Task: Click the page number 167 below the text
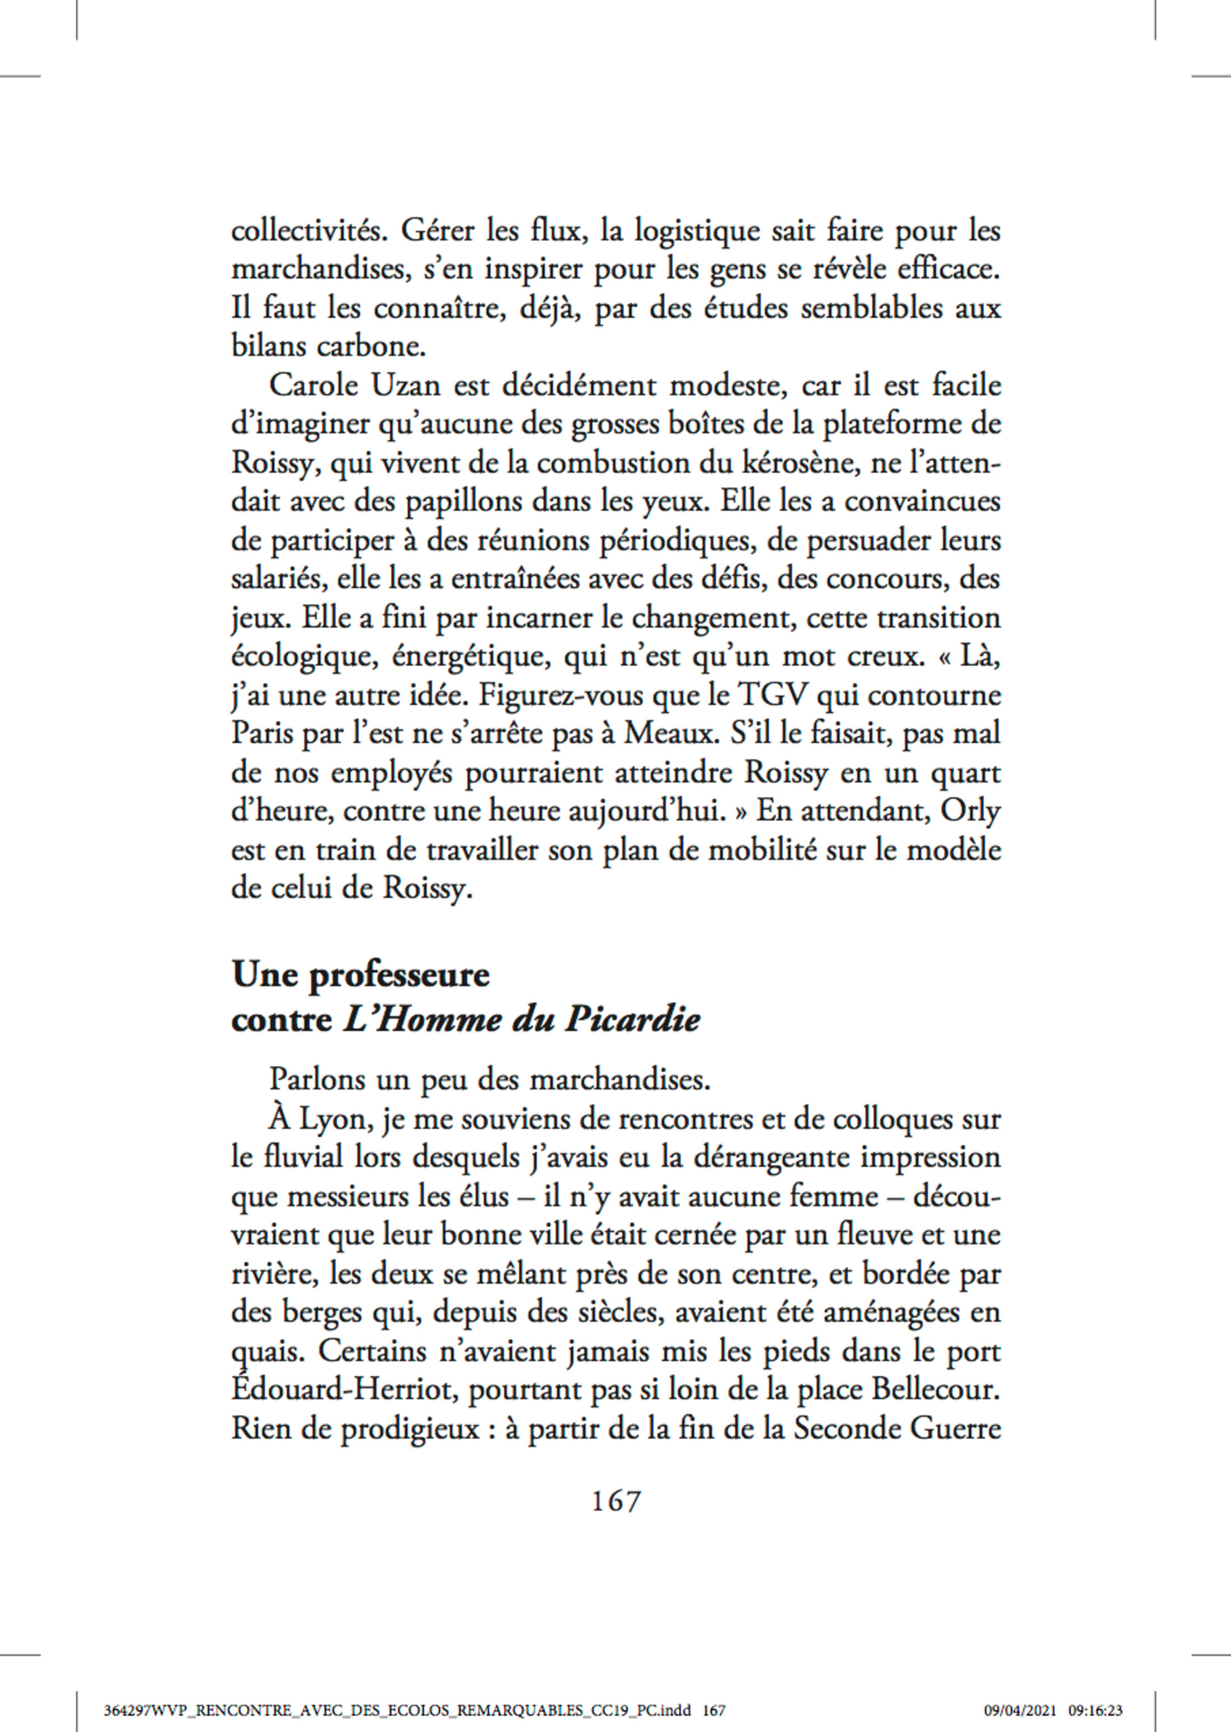pyautogui.click(x=615, y=1501)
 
